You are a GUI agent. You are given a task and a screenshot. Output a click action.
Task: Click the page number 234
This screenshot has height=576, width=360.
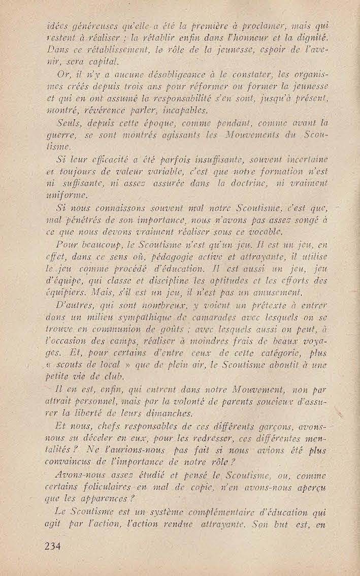tap(52, 546)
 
